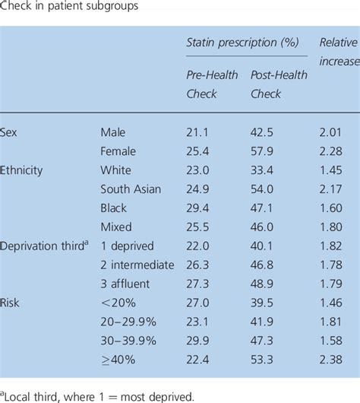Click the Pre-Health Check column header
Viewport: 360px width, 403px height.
tap(213, 84)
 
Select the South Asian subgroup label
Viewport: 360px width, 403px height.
tap(131, 189)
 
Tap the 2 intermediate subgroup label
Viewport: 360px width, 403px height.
tap(137, 264)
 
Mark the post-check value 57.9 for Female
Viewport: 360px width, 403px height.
tap(264, 151)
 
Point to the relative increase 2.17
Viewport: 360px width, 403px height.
tap(332, 189)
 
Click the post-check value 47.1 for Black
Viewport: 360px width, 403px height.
tap(264, 208)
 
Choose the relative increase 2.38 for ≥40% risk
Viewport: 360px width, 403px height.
tap(332, 358)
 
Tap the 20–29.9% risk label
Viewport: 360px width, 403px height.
tap(131, 321)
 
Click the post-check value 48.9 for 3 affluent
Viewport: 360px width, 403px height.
tap(264, 283)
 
